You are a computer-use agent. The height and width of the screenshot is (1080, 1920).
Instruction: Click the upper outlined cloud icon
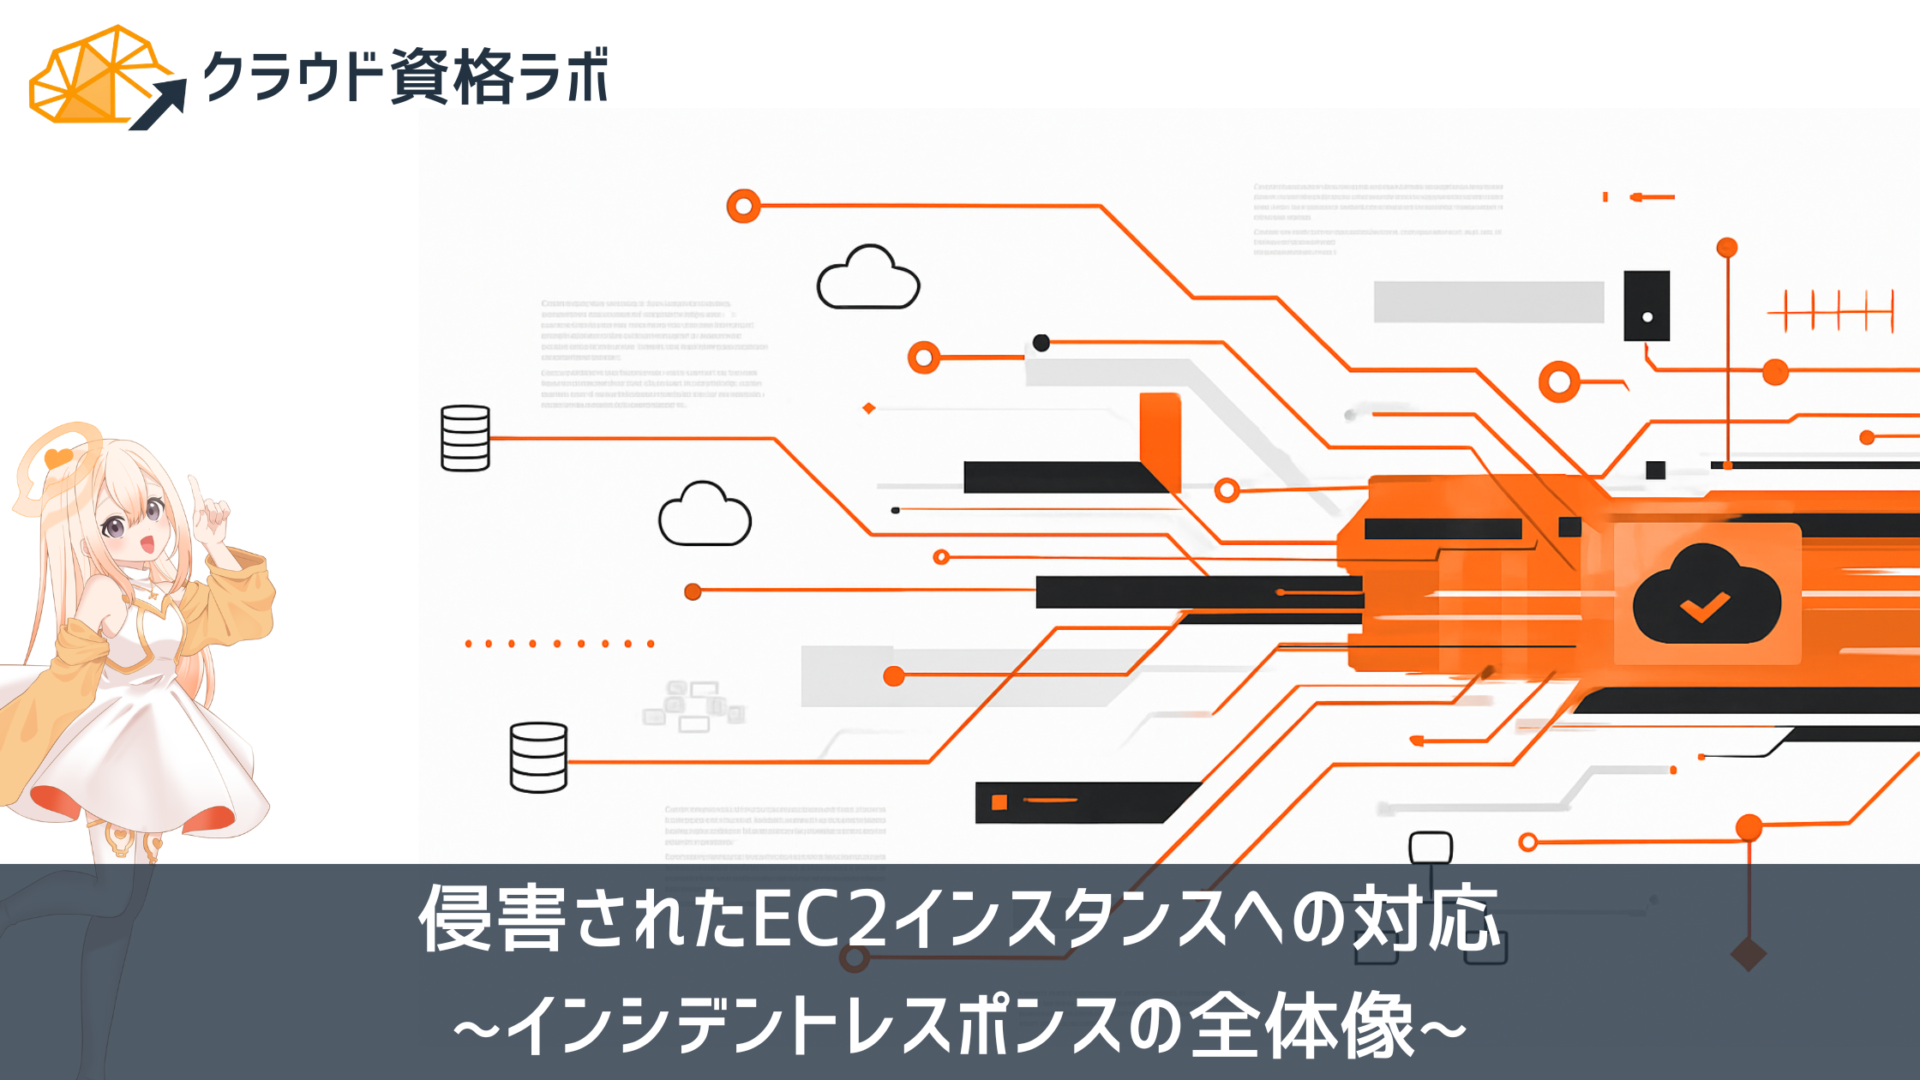point(867,279)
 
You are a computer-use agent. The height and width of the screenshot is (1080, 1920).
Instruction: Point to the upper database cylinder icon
point(465,438)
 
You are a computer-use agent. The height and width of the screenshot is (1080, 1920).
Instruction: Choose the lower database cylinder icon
point(538,758)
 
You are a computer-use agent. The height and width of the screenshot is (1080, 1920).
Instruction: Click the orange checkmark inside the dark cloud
point(1705,607)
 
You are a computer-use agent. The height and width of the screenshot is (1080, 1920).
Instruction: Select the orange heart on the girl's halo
point(58,458)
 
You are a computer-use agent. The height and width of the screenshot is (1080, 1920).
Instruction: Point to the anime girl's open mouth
point(147,544)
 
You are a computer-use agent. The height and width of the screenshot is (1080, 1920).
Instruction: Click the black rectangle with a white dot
point(1647,306)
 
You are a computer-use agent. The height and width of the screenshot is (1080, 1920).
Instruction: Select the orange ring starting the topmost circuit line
point(743,207)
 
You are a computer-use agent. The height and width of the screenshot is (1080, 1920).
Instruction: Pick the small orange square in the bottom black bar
point(999,802)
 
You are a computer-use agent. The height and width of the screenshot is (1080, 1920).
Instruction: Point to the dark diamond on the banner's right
point(1748,954)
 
